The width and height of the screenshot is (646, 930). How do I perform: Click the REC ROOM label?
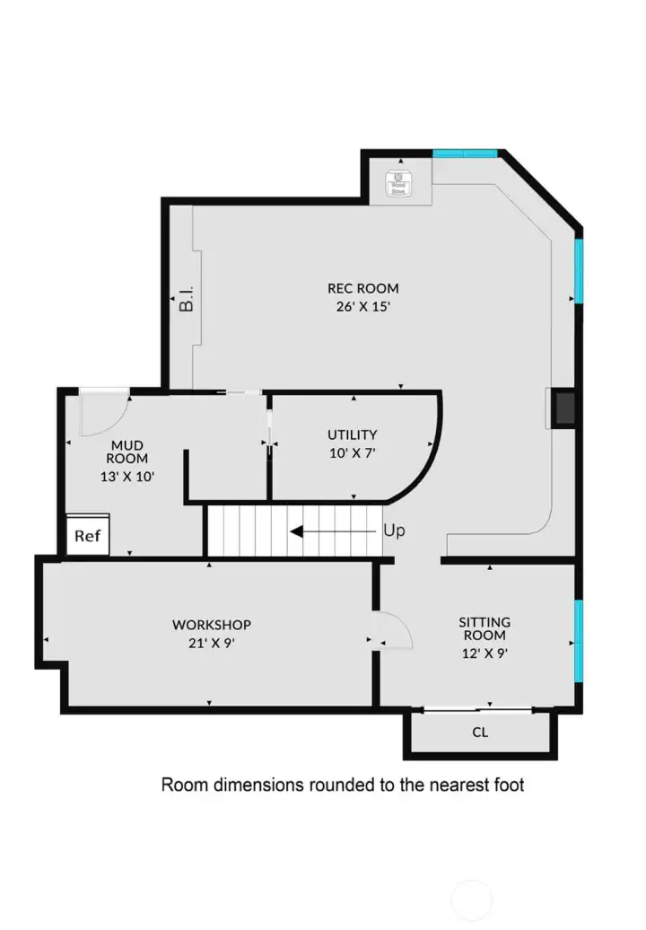[362, 289]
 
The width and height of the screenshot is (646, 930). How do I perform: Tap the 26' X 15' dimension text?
[362, 306]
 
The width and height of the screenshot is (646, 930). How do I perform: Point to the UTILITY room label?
[352, 435]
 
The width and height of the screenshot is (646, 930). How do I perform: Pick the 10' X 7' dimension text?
[352, 453]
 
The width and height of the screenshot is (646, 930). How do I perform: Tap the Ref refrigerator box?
[88, 536]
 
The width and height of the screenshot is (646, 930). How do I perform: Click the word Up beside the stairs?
[394, 531]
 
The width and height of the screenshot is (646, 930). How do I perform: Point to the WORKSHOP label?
[212, 625]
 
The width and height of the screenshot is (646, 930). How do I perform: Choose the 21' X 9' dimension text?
[212, 643]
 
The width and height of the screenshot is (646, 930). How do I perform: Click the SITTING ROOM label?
[484, 628]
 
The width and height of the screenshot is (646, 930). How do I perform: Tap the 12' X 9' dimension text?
[484, 653]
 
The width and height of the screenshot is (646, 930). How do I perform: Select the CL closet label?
[481, 733]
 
